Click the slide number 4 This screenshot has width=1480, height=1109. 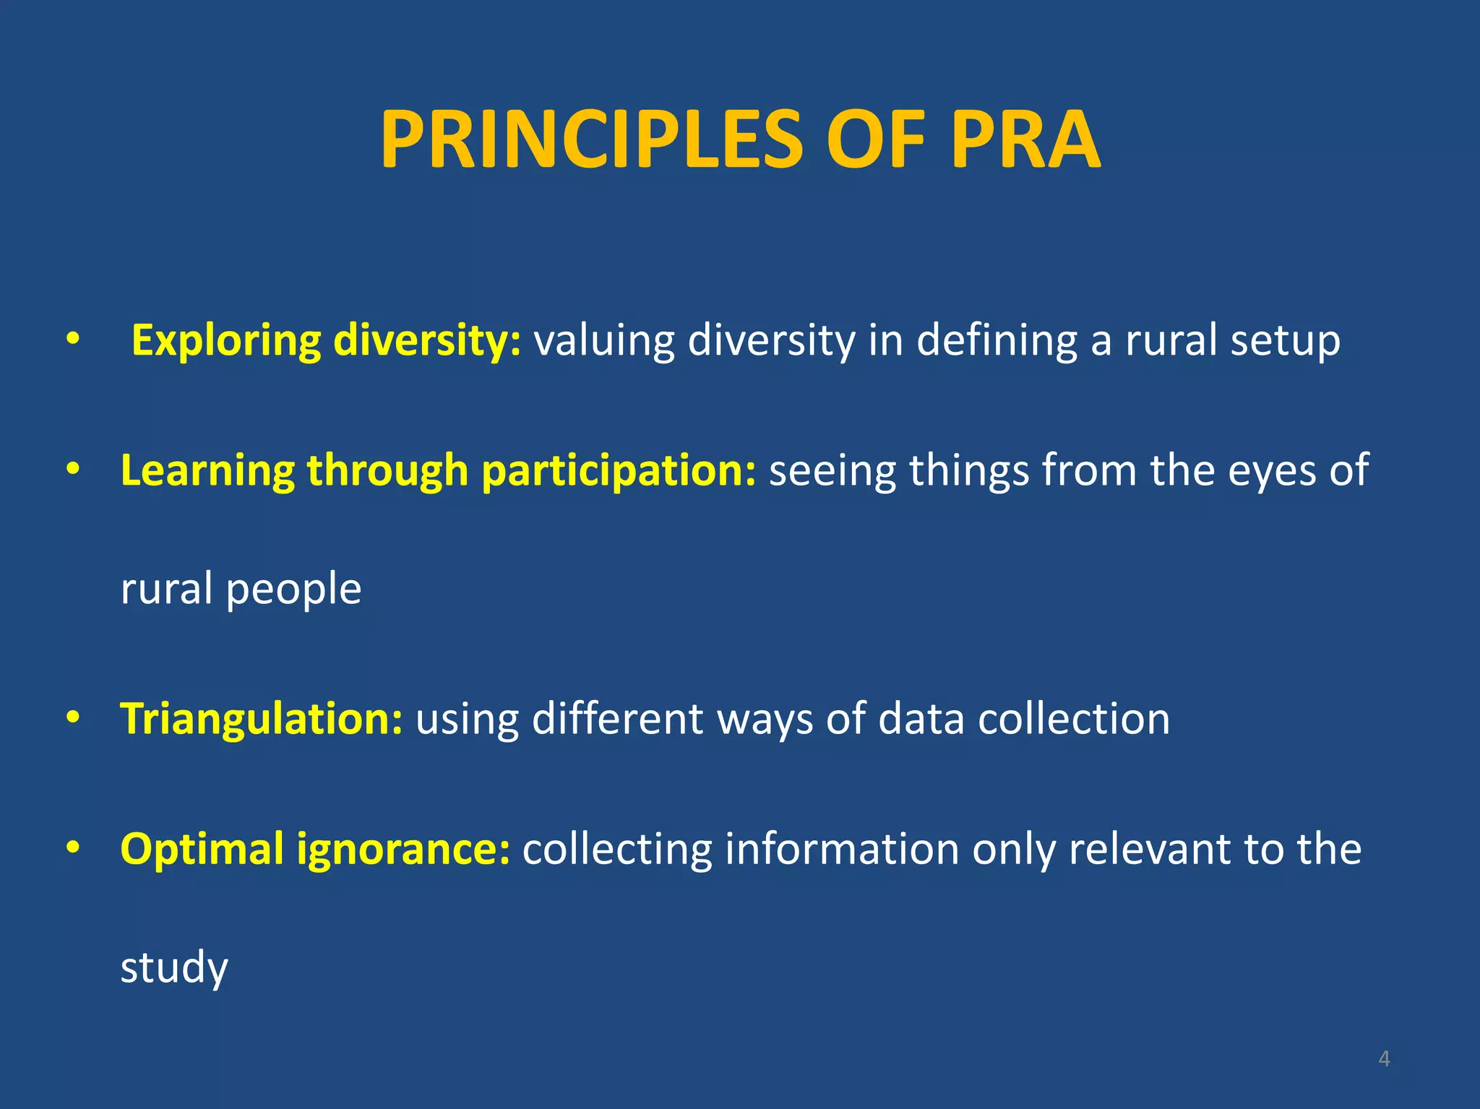pos(1384,1058)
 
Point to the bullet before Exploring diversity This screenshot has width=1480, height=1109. pos(72,340)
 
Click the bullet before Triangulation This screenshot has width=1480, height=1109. pos(72,718)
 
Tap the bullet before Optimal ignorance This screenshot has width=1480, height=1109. pos(72,847)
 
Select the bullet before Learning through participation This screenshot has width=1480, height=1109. pos(72,470)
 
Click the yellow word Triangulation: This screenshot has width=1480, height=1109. pos(261,720)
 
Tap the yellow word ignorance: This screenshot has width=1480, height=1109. pos(403,850)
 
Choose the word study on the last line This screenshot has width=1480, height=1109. pos(174,968)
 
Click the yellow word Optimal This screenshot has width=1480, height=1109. pos(202,850)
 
